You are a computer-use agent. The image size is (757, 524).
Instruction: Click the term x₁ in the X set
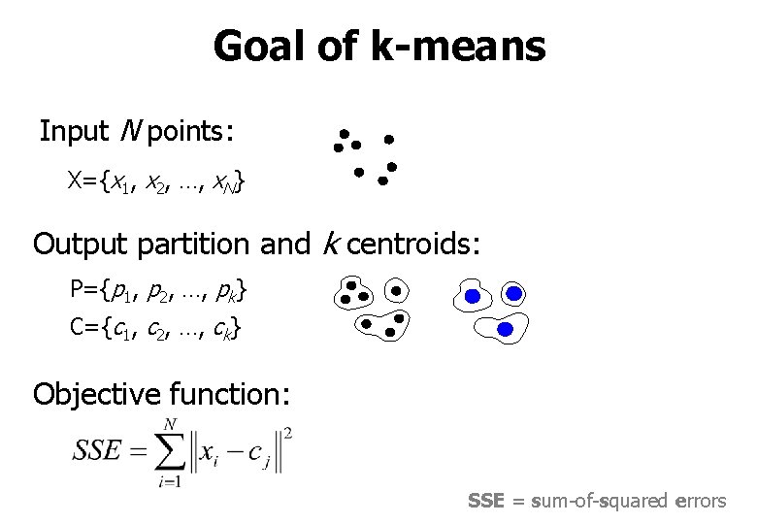tap(119, 180)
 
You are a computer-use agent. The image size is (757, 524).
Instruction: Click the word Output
tap(82, 244)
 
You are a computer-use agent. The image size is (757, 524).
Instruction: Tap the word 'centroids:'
tap(413, 244)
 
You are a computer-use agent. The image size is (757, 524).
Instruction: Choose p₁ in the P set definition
tap(121, 290)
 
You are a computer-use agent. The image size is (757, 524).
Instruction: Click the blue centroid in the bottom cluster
tap(505, 330)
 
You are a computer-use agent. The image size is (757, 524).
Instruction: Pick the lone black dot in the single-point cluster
tap(395, 290)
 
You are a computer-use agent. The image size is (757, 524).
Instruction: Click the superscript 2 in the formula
tap(288, 432)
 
